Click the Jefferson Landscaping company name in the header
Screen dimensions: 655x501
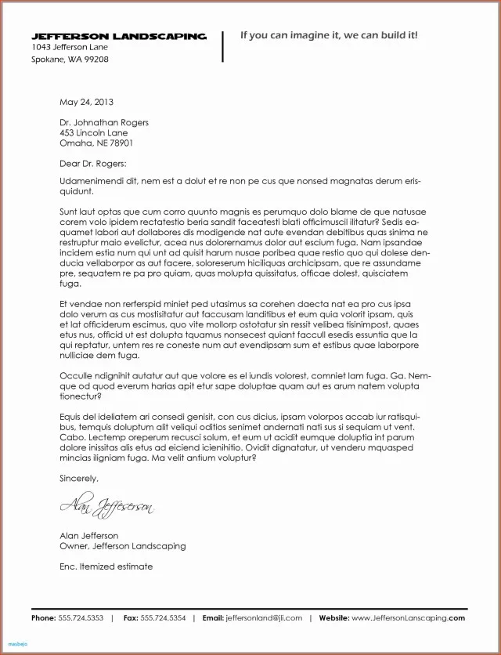(119, 36)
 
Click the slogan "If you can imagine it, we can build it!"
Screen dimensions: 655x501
(329, 35)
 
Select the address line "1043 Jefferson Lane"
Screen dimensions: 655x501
(70, 48)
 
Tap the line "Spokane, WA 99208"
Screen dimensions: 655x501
(70, 60)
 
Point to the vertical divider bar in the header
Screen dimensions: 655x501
(223, 46)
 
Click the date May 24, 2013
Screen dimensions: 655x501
(87, 102)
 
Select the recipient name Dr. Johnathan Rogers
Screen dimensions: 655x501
(104, 123)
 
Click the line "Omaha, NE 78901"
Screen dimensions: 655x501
(96, 143)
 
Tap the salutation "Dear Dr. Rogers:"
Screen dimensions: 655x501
(92, 164)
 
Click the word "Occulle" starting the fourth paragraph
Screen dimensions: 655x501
(76, 375)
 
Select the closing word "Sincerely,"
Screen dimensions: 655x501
(80, 478)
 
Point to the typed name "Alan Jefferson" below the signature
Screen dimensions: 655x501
(89, 536)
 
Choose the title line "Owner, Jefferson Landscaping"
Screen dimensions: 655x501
(123, 546)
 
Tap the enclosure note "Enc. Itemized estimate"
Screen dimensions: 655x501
(106, 566)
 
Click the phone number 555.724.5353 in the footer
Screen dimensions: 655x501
(81, 618)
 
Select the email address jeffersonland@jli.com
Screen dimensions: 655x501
(264, 618)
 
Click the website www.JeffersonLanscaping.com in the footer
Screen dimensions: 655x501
(408, 618)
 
